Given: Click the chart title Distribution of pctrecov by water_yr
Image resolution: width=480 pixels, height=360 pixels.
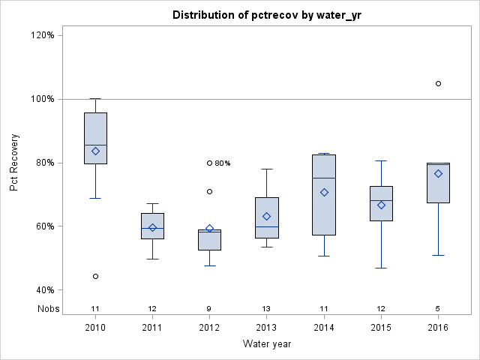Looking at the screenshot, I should click(x=266, y=15).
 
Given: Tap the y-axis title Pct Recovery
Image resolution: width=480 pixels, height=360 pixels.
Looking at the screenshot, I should click(x=14, y=162).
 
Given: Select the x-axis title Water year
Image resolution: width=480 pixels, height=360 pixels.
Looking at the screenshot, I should click(x=266, y=344).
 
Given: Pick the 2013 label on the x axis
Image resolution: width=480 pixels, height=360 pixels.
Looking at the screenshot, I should click(x=267, y=328).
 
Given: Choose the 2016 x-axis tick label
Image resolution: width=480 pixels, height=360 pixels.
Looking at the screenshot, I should click(x=438, y=328).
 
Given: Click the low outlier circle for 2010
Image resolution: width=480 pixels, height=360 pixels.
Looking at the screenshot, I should click(x=95, y=276).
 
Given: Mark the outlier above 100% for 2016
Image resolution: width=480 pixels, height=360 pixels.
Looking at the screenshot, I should click(x=438, y=83).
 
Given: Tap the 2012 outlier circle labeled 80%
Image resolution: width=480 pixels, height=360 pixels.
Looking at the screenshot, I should click(x=209, y=163).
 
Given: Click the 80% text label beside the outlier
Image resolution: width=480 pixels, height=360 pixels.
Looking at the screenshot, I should click(x=223, y=163).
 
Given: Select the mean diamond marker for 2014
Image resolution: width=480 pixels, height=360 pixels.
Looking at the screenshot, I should click(x=324, y=193).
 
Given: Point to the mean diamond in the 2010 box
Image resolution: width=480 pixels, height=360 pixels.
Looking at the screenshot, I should click(x=95, y=151).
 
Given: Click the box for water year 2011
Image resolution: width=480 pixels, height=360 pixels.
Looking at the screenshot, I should click(x=152, y=226).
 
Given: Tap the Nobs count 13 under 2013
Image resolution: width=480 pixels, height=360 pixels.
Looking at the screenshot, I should click(x=267, y=308).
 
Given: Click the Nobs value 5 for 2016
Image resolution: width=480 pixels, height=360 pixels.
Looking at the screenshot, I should click(x=438, y=308).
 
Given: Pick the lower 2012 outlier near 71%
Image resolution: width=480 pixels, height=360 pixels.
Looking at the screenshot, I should click(x=209, y=191).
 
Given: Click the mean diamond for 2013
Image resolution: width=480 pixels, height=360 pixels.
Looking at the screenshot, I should click(x=267, y=216).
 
